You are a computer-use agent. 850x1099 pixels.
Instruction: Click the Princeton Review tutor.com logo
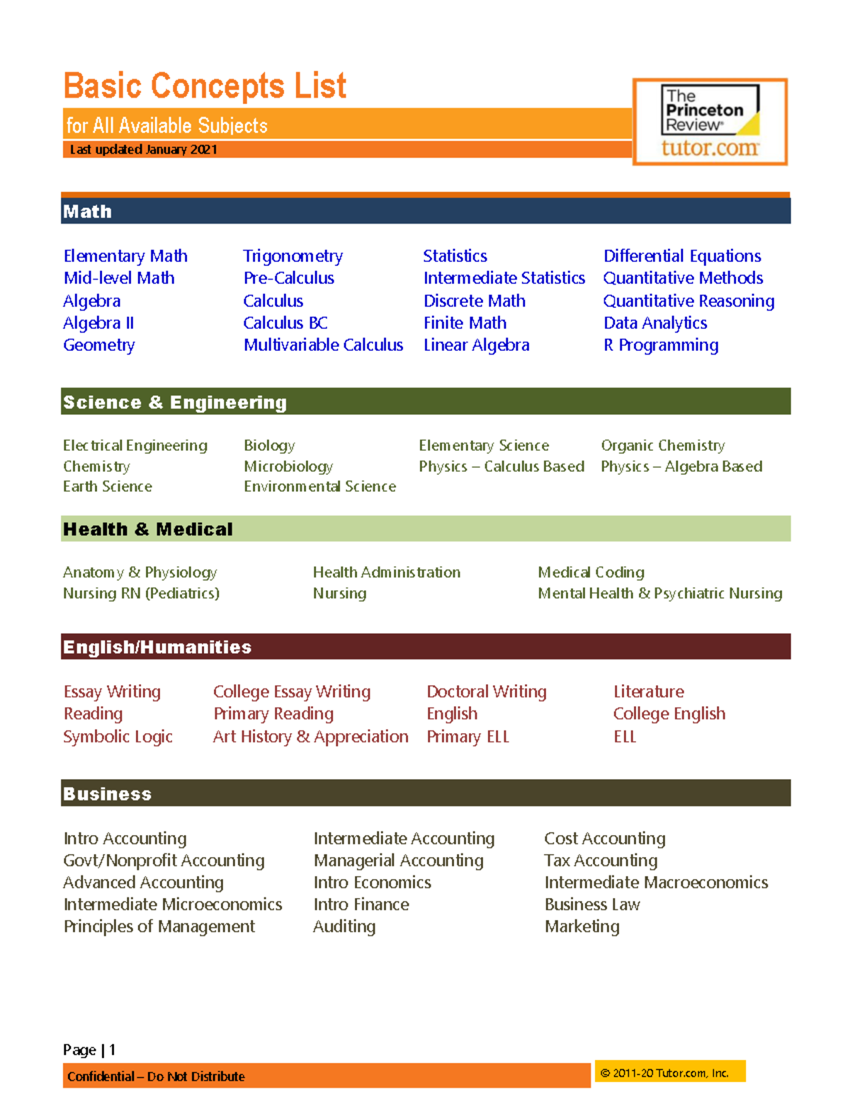(x=710, y=122)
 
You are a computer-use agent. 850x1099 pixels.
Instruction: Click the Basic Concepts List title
(x=205, y=86)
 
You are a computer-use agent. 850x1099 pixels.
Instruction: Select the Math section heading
(x=88, y=212)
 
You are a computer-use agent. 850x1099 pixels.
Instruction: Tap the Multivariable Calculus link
(x=323, y=345)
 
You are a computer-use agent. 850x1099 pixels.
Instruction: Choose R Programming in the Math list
(x=661, y=345)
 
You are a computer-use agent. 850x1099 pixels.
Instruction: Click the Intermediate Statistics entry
(x=504, y=278)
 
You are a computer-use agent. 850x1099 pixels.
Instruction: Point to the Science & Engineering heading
(x=175, y=402)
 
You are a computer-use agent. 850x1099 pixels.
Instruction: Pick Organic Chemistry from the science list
(x=663, y=446)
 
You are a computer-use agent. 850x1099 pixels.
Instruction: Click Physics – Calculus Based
(x=501, y=466)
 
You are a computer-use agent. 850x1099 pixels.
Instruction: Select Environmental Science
(x=320, y=487)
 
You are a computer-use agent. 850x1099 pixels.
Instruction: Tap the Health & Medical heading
(x=148, y=529)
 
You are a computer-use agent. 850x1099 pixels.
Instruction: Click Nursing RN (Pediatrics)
(x=141, y=593)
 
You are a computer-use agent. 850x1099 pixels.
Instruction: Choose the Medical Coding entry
(x=591, y=572)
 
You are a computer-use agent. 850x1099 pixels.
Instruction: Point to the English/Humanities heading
(x=157, y=647)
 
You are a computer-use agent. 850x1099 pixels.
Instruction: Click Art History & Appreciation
(x=310, y=737)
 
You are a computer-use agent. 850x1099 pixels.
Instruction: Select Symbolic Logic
(x=118, y=737)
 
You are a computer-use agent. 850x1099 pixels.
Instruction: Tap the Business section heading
(x=108, y=794)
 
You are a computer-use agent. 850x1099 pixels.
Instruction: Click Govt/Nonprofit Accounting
(x=164, y=861)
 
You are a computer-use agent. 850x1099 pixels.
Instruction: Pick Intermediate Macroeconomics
(x=656, y=882)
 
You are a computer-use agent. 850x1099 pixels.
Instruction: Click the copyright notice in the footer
(x=664, y=1073)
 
